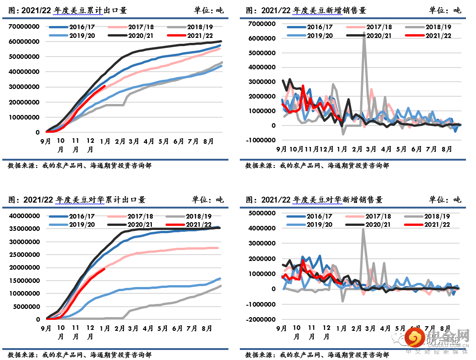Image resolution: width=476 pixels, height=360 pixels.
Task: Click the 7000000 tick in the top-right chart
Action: [262, 23]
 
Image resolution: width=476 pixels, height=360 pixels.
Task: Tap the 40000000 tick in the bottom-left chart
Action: [24, 216]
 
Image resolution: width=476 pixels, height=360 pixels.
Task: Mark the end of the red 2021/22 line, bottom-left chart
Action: [105, 269]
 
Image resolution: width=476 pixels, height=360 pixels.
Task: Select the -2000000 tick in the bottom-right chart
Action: [262, 319]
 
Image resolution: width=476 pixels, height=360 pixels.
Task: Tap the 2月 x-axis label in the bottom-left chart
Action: [120, 328]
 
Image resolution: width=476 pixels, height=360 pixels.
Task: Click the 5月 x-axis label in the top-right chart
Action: [401, 149]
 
